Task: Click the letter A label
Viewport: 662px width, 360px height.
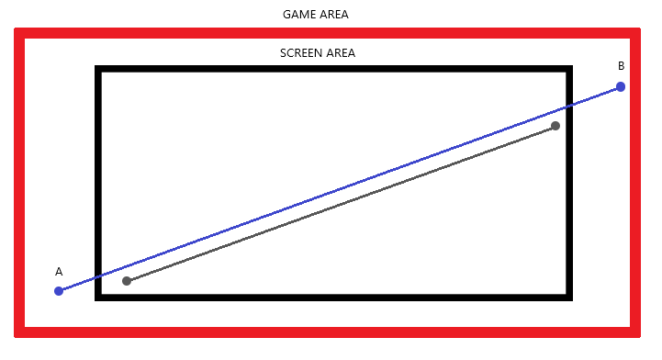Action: pyautogui.click(x=59, y=271)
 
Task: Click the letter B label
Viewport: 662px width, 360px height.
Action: pyautogui.click(x=621, y=66)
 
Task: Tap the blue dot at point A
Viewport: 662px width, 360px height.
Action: pyautogui.click(x=59, y=291)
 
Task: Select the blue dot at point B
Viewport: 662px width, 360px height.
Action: pyautogui.click(x=621, y=87)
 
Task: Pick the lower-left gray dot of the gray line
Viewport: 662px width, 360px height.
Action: pyautogui.click(x=127, y=281)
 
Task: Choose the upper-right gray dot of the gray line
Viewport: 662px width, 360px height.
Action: pyautogui.click(x=555, y=126)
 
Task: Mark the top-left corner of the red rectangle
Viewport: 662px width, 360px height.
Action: pyautogui.click(x=19, y=33)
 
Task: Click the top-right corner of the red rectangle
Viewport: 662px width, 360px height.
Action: pyautogui.click(x=635, y=33)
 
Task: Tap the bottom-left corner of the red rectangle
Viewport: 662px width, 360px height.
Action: pyautogui.click(x=19, y=332)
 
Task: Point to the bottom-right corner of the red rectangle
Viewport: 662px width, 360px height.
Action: pyautogui.click(x=635, y=332)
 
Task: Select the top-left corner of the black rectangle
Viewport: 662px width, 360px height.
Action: pyautogui.click(x=98, y=69)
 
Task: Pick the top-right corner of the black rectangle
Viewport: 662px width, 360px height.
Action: pyautogui.click(x=569, y=69)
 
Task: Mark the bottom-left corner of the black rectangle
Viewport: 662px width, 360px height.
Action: pyautogui.click(x=98, y=298)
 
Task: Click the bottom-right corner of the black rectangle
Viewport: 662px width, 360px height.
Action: pyautogui.click(x=569, y=298)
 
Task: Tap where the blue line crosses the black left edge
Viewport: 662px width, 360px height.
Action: pyautogui.click(x=98, y=276)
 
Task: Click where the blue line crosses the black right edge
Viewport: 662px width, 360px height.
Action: pyautogui.click(x=569, y=106)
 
